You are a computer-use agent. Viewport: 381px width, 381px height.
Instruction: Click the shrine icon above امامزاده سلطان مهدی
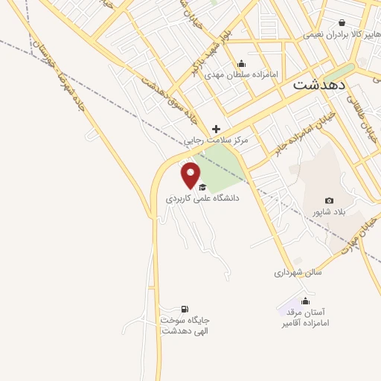[241, 63]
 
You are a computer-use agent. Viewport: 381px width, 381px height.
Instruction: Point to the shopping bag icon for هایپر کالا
[342, 23]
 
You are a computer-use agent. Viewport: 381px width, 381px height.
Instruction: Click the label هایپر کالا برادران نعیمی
[334, 34]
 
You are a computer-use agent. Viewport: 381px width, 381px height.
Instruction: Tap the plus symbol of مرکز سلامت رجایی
[217, 129]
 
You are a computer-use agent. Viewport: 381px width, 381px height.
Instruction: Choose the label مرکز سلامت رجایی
[217, 140]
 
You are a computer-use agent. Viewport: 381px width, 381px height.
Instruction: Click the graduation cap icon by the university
[202, 186]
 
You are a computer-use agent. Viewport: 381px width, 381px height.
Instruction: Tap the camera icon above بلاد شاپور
[330, 200]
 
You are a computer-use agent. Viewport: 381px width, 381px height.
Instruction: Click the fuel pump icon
[185, 308]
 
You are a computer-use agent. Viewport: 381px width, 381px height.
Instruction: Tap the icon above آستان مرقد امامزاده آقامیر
[304, 301]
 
